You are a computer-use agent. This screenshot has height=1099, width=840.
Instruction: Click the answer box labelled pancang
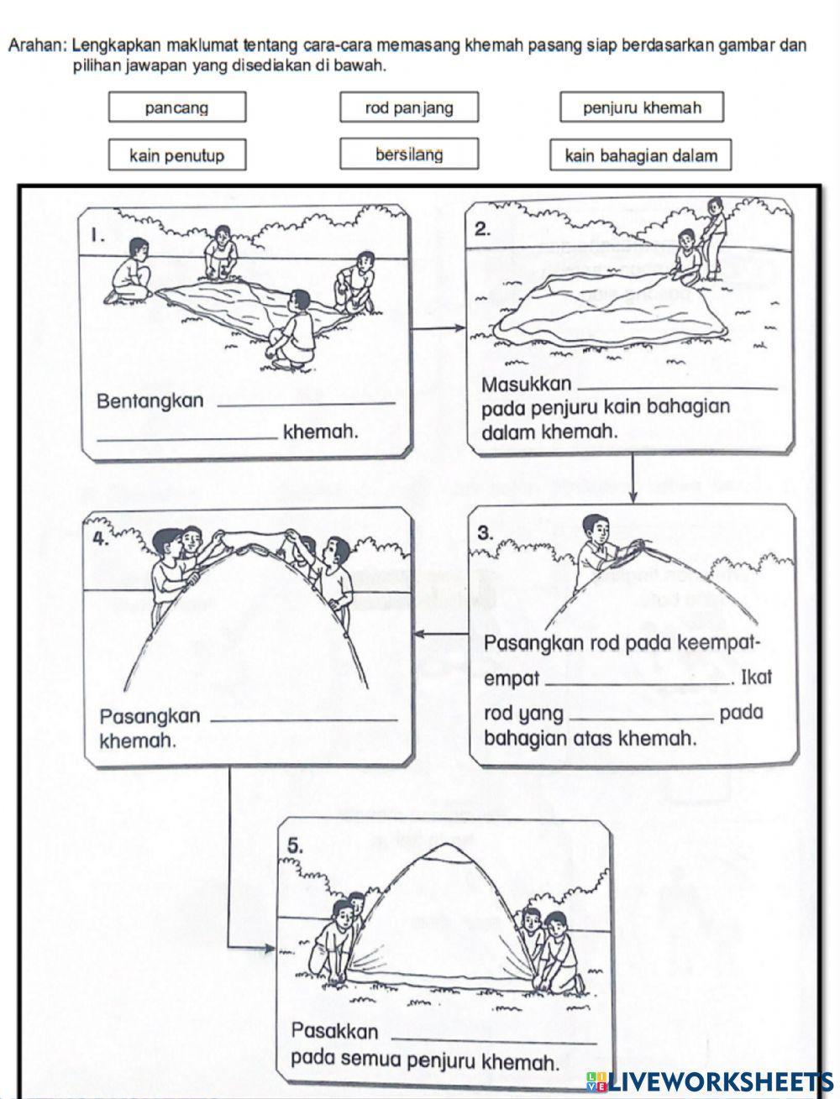coord(176,107)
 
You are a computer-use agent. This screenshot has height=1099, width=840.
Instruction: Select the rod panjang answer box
coord(409,107)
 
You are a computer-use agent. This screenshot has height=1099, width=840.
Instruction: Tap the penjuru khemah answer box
coord(642,107)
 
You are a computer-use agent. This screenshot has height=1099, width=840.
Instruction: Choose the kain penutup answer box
coord(176,155)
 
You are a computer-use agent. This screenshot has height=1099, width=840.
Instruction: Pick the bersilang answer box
coord(409,154)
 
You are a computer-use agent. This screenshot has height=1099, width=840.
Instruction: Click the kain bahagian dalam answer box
coord(641,155)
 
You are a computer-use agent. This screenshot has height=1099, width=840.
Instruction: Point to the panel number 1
coord(98,237)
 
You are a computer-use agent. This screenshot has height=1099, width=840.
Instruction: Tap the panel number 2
coord(482,229)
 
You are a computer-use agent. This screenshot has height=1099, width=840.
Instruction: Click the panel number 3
coord(485,532)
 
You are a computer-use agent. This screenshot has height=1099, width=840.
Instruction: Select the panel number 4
coord(100,540)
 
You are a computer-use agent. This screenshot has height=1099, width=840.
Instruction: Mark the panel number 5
coord(295,847)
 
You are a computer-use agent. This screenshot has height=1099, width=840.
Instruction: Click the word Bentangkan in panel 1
coord(150,401)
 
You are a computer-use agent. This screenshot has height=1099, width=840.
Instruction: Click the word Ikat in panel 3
coord(757,678)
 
